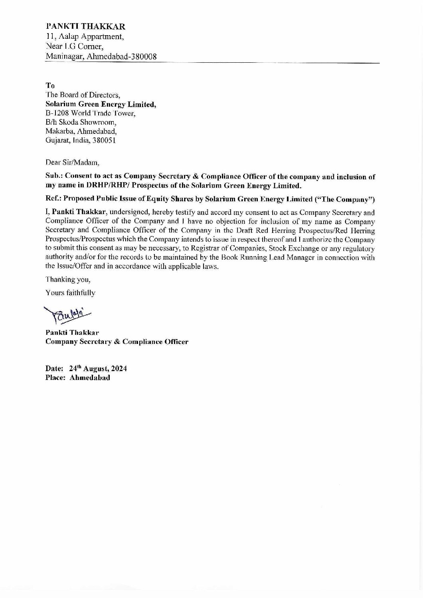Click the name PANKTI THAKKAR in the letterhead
coord(86,27)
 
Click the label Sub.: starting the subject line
coord(54,177)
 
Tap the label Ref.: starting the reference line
coord(53,199)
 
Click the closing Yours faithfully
coord(71,293)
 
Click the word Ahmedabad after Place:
coord(90,377)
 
